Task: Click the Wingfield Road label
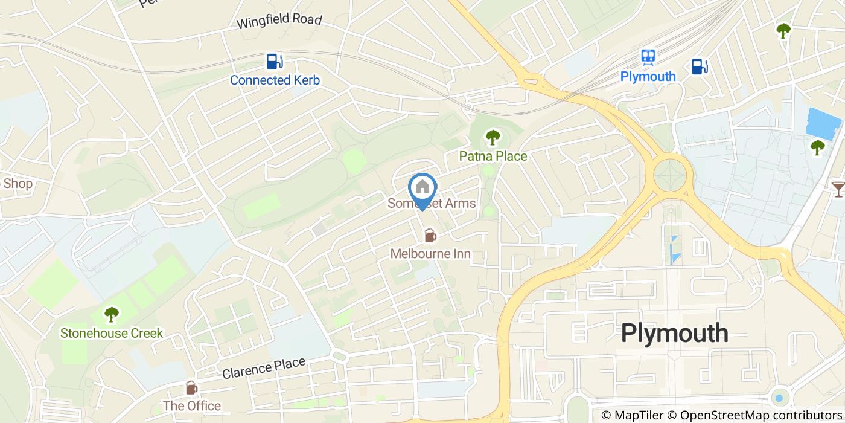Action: [x=279, y=21]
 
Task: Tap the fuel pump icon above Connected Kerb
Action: [x=275, y=62]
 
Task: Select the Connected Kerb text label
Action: [x=275, y=80]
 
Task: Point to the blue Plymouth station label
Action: [x=648, y=76]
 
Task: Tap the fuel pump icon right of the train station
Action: [x=699, y=66]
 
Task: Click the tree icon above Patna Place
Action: [x=493, y=137]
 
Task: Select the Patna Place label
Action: [x=493, y=157]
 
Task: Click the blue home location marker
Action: [x=422, y=189]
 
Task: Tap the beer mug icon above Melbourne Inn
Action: [x=430, y=234]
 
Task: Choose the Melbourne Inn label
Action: [x=430, y=254]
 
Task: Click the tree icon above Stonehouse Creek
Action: [x=111, y=314]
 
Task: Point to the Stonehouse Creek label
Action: [x=111, y=333]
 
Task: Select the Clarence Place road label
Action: [x=263, y=368]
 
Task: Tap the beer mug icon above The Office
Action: [x=191, y=387]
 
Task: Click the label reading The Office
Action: [x=191, y=405]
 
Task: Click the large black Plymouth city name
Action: [x=674, y=333]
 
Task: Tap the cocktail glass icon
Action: [x=838, y=189]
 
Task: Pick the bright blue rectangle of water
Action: [x=823, y=123]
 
